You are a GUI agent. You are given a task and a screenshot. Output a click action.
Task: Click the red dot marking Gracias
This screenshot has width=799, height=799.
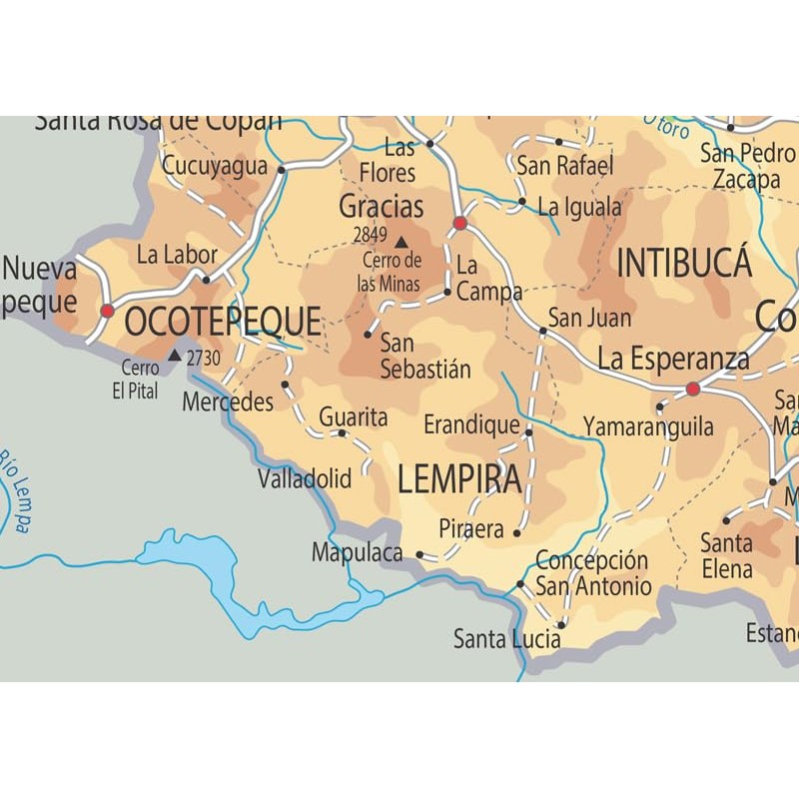click(x=460, y=223)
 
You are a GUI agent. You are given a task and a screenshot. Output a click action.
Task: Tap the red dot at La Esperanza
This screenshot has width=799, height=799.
click(x=693, y=389)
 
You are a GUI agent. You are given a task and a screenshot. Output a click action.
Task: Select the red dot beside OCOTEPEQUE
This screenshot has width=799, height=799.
click(x=107, y=311)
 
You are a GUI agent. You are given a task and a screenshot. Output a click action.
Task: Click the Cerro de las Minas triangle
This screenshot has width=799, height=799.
click(x=401, y=242)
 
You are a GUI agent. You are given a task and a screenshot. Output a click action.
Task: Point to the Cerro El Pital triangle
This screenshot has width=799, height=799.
click(x=175, y=355)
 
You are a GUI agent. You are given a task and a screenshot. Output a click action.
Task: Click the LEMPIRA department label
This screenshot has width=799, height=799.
click(x=459, y=480)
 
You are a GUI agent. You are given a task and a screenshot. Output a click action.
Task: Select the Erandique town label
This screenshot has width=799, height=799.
click(x=471, y=425)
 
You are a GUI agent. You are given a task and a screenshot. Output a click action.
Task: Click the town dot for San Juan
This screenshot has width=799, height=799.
click(x=543, y=330)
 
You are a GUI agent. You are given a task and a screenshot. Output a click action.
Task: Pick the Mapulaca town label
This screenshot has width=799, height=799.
click(x=357, y=552)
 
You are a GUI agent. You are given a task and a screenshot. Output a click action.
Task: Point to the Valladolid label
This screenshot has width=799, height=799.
click(x=305, y=479)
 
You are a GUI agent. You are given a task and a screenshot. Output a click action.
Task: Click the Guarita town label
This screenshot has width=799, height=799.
click(x=353, y=417)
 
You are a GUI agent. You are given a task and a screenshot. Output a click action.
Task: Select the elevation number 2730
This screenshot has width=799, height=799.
click(x=203, y=357)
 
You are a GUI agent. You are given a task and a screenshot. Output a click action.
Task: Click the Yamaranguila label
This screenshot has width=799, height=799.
click(x=648, y=426)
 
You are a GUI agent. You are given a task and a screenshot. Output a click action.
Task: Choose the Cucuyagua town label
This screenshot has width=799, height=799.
click(x=215, y=167)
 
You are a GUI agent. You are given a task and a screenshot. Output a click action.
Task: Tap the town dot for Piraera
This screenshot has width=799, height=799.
click(x=517, y=532)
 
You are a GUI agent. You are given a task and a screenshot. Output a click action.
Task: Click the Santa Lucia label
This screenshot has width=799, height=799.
click(x=506, y=638)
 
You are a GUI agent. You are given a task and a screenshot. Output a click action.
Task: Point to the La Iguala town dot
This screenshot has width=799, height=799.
click(x=521, y=201)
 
